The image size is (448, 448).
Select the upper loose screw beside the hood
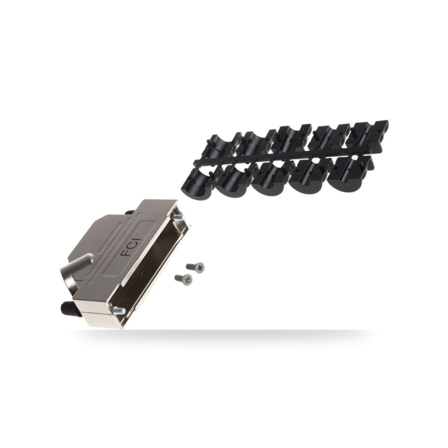click(195, 266)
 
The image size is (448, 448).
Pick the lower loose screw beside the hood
click(183, 279)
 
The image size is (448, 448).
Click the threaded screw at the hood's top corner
click(177, 216)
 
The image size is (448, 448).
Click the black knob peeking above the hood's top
click(130, 211)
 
